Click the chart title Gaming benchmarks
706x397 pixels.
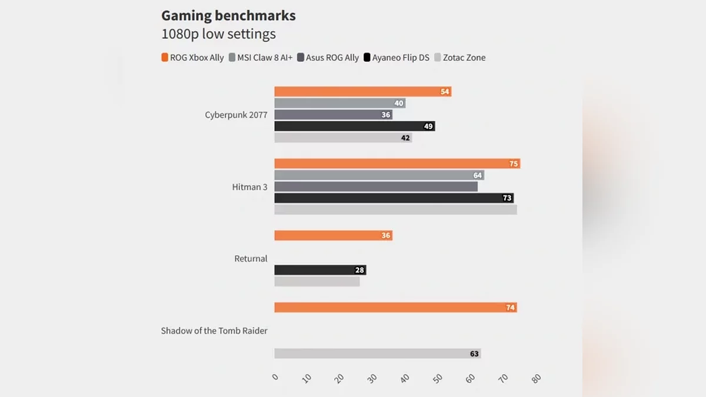coord(228,16)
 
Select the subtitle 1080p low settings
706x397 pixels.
coord(218,34)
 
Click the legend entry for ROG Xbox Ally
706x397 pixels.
coord(192,58)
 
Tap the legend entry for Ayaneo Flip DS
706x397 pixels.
coord(397,58)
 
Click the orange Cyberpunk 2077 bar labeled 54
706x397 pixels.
coord(362,92)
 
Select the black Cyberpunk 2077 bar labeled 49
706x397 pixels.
coord(354,126)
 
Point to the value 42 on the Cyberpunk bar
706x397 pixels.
coord(405,138)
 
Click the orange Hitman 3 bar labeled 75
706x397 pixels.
coord(397,164)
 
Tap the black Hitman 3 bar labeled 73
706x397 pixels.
coord(394,198)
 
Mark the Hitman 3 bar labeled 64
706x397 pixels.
coord(379,175)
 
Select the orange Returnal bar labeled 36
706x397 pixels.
coord(333,236)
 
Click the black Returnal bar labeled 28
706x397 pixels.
coord(320,271)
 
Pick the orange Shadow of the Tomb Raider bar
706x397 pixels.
coord(395,308)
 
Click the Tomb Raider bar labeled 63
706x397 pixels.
coord(377,354)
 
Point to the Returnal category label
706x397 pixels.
coord(251,259)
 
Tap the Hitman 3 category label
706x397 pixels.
coord(249,187)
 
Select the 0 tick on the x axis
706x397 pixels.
coord(275,378)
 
